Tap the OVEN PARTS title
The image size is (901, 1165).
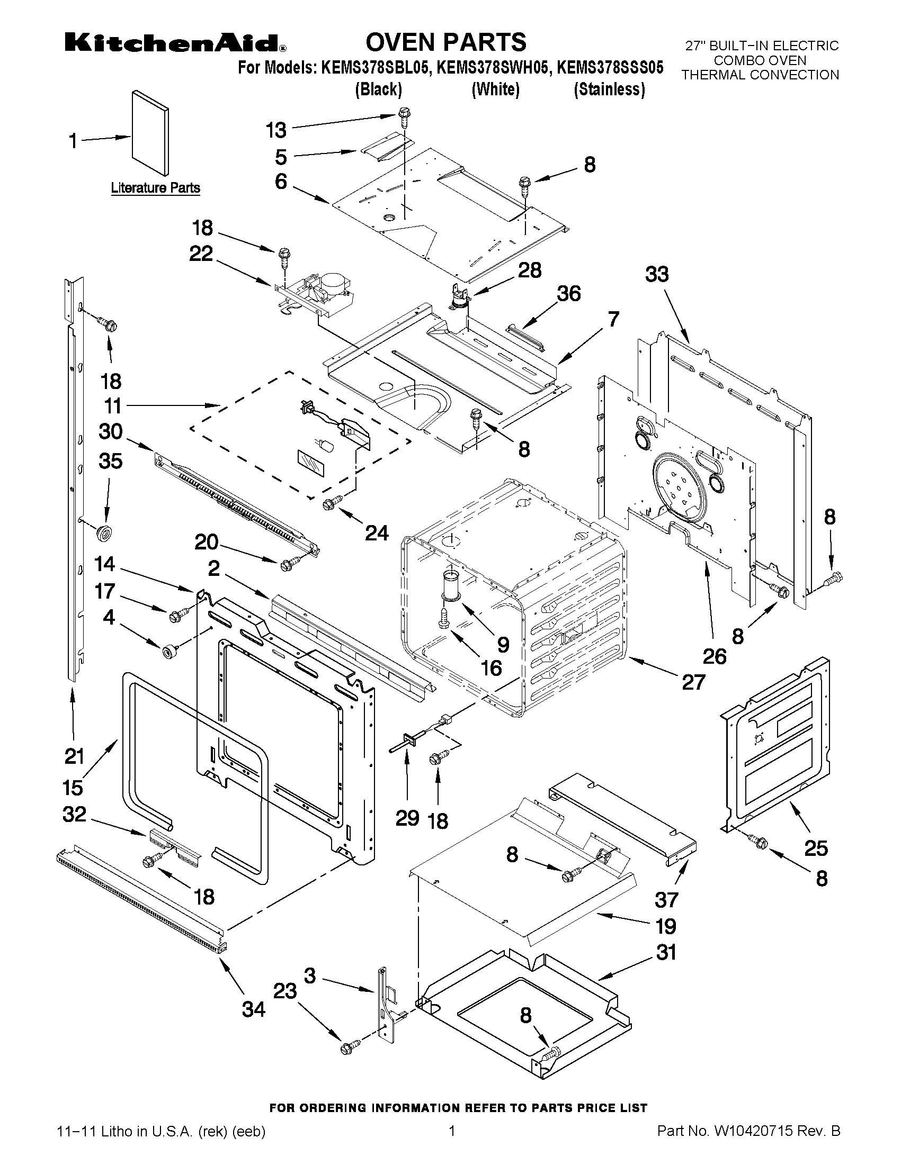coord(445,42)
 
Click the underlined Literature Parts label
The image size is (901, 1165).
coord(155,188)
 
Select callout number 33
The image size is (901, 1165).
coord(656,275)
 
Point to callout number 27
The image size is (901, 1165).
coord(694,682)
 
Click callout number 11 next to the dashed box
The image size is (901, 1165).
coord(113,406)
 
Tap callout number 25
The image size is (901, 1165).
coord(816,847)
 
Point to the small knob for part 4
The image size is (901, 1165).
coord(170,652)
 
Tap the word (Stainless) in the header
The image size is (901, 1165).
coord(609,89)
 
